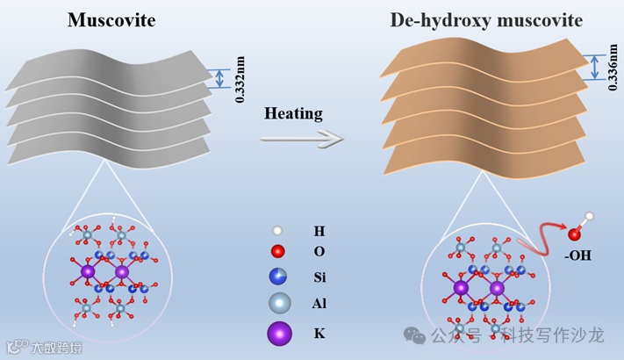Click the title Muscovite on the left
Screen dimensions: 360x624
point(111,20)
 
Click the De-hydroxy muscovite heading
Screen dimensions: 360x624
point(485,20)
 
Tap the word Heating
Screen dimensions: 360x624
point(293,114)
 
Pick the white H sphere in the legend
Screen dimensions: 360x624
point(278,231)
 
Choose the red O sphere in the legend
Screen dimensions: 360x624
point(278,253)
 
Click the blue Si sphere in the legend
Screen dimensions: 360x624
point(278,277)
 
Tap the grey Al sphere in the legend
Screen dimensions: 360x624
point(278,304)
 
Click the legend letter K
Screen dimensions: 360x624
point(319,334)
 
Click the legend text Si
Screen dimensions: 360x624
point(320,278)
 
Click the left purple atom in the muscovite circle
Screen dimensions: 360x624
point(88,274)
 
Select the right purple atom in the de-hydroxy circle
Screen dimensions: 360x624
point(497,289)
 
